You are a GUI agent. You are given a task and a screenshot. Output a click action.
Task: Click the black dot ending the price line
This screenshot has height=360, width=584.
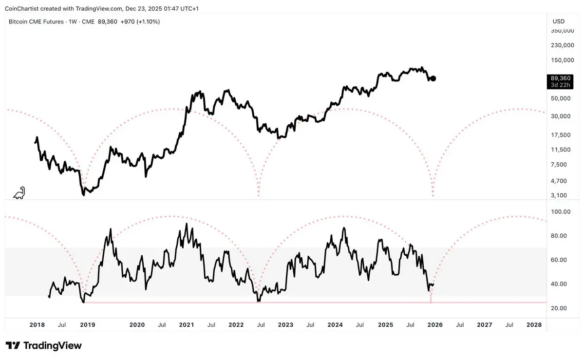click(x=433, y=78)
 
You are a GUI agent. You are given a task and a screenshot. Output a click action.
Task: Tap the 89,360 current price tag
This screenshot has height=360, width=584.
click(x=561, y=78)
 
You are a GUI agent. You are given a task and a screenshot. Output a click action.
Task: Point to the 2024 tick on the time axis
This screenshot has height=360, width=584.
click(x=335, y=324)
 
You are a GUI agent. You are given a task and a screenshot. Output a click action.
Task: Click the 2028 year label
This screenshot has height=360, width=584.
click(x=534, y=324)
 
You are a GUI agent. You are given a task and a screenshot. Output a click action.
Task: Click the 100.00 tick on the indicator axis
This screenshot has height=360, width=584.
click(x=561, y=211)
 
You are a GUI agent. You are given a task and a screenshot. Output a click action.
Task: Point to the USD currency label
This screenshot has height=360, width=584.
click(x=559, y=21)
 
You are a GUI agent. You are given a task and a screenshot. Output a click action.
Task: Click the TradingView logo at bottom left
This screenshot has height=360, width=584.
click(x=44, y=346)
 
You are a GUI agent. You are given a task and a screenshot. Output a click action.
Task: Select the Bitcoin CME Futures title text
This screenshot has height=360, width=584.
click(x=36, y=21)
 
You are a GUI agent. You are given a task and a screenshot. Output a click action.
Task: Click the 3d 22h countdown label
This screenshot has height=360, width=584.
click(x=561, y=85)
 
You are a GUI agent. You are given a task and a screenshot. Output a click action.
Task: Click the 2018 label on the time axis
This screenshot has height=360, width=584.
click(x=38, y=324)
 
